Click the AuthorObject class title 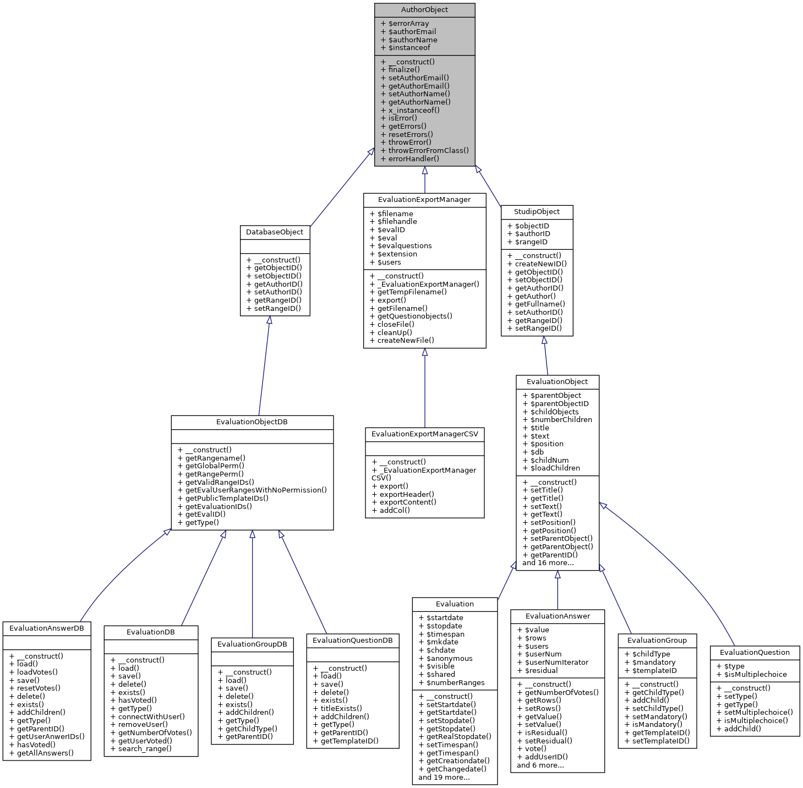(x=424, y=10)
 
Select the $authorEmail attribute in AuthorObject (x=412, y=32)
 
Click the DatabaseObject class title (x=275, y=232)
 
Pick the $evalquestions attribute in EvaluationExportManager (x=404, y=246)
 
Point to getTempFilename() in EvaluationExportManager (x=412, y=292)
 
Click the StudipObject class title (x=537, y=212)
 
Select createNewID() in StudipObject (x=540, y=264)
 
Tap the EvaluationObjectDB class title (x=252, y=422)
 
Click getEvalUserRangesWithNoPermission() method (x=255, y=490)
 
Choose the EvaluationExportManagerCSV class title (x=425, y=434)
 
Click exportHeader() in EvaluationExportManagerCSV (x=406, y=494)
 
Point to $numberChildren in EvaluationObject (x=561, y=420)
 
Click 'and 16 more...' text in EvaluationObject (x=548, y=563)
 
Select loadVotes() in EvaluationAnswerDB (x=37, y=672)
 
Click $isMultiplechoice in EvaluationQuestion (x=755, y=675)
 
